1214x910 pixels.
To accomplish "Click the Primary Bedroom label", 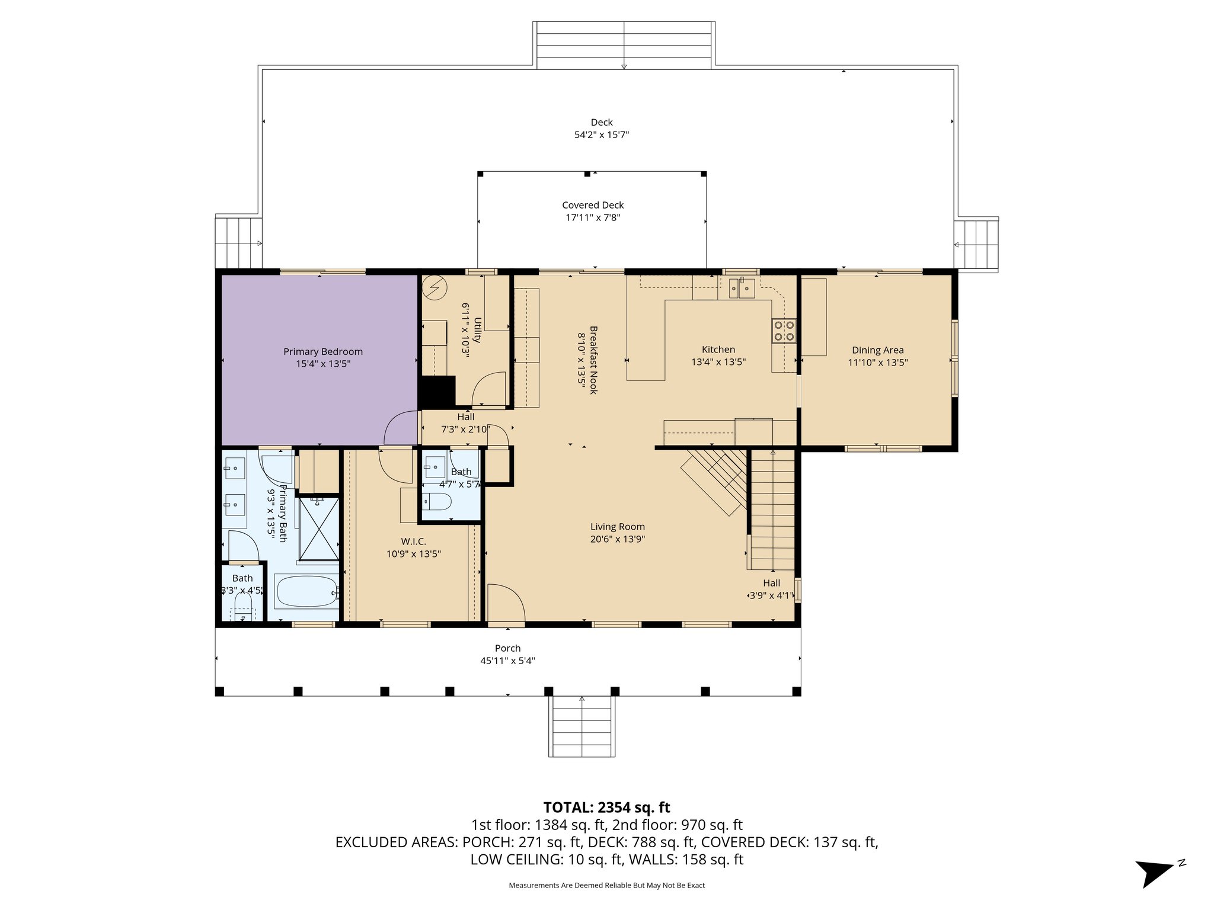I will pos(322,351).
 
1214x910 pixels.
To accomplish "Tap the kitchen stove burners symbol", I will pos(784,331).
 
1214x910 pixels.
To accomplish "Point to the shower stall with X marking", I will pos(318,529).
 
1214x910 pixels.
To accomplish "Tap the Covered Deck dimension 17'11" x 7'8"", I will pos(593,217).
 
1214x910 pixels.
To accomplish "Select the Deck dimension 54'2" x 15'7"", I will pos(601,134).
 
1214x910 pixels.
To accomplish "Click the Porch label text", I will pos(507,648).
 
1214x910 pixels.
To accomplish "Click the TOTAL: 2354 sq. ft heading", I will pos(606,807).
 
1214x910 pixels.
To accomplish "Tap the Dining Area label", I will pos(877,350).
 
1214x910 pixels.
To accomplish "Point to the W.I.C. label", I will pos(413,541).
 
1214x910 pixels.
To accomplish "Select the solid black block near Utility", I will pos(437,392).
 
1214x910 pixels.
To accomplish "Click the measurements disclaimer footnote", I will pos(606,885).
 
